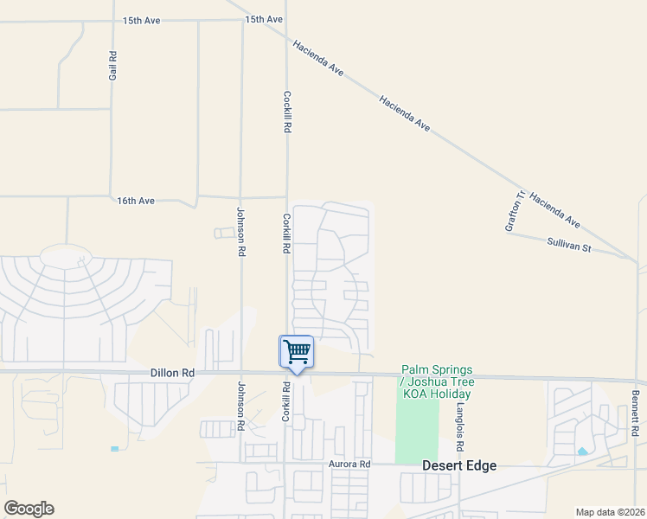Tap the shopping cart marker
click(x=296, y=352)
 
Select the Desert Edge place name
click(x=459, y=465)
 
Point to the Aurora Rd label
click(x=349, y=465)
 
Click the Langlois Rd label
click(x=461, y=426)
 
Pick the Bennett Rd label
click(x=634, y=413)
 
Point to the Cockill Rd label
click(x=286, y=112)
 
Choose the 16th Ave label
click(x=136, y=201)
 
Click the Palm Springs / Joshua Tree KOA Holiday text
click(x=438, y=381)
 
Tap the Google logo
click(x=29, y=509)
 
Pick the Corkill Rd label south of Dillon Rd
click(x=286, y=401)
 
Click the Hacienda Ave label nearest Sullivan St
click(x=554, y=210)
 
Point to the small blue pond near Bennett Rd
click(x=582, y=452)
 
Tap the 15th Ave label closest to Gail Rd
click(x=142, y=19)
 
